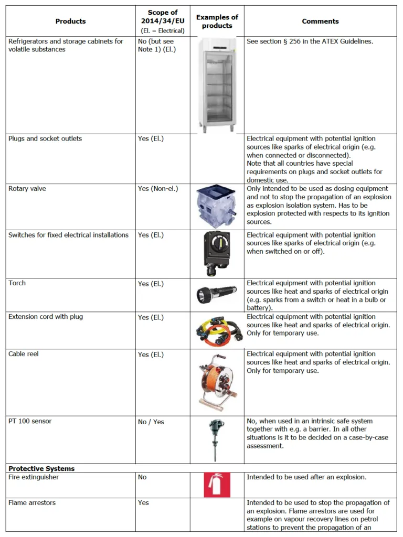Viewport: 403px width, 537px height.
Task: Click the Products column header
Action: (70, 22)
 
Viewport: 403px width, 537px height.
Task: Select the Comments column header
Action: (320, 22)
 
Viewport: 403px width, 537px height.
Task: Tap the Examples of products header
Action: (217, 22)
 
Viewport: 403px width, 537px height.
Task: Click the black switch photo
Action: (217, 253)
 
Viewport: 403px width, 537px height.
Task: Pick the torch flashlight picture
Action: (217, 295)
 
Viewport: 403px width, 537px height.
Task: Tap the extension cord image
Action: (217, 330)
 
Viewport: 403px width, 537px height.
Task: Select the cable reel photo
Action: (217, 382)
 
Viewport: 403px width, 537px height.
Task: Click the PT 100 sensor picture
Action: (216, 439)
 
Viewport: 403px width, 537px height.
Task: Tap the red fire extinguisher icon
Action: (217, 485)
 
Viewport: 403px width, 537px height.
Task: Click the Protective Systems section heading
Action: (41, 468)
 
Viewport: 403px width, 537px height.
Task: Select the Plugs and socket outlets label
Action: (45, 138)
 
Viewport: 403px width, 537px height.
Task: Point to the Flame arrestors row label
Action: (32, 502)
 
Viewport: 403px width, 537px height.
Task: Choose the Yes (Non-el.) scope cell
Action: (158, 188)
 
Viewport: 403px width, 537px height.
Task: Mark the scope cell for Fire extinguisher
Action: (142, 477)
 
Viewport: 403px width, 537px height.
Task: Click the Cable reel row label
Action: (24, 354)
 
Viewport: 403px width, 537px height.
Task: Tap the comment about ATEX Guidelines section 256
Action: (310, 41)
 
